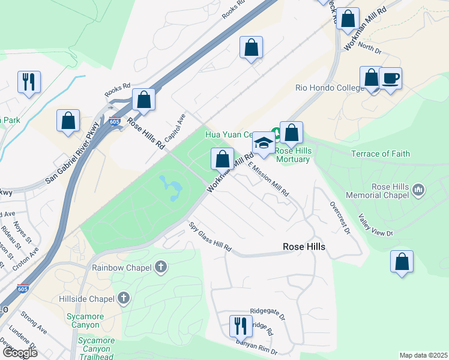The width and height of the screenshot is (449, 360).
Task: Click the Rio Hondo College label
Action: click(330, 88)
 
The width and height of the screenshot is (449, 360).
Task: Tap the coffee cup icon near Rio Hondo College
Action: click(390, 79)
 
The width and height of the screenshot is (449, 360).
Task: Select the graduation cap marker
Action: click(263, 143)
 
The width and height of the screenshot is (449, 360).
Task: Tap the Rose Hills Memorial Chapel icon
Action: click(419, 191)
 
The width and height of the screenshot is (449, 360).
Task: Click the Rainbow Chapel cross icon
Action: click(160, 267)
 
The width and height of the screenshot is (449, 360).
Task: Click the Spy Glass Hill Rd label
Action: click(211, 237)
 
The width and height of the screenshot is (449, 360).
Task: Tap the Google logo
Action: click(19, 352)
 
